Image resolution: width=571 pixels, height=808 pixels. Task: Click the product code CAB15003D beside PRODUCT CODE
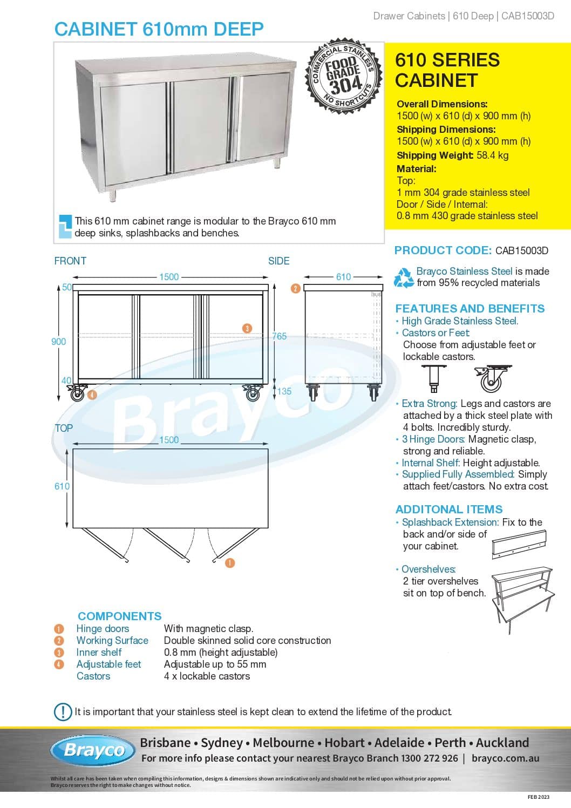(x=521, y=250)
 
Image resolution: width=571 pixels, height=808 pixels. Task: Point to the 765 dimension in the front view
(x=280, y=336)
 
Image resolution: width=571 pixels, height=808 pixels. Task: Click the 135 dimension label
(x=284, y=391)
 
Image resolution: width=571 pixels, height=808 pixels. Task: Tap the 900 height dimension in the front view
(x=58, y=341)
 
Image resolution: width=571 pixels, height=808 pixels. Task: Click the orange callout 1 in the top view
(x=230, y=563)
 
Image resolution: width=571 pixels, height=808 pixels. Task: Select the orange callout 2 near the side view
(x=295, y=288)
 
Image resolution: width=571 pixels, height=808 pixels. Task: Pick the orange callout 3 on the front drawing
(x=247, y=328)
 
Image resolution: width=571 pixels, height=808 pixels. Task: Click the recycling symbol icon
(x=404, y=277)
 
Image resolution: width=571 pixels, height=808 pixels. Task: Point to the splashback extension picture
(x=519, y=544)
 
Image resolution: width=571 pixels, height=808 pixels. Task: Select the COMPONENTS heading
(x=119, y=616)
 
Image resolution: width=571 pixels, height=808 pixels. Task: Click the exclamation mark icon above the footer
(x=63, y=711)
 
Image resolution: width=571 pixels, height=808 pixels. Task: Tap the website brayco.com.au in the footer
(x=505, y=758)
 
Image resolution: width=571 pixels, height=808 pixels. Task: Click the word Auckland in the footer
(x=502, y=743)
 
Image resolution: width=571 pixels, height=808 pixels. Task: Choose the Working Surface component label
(x=112, y=640)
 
